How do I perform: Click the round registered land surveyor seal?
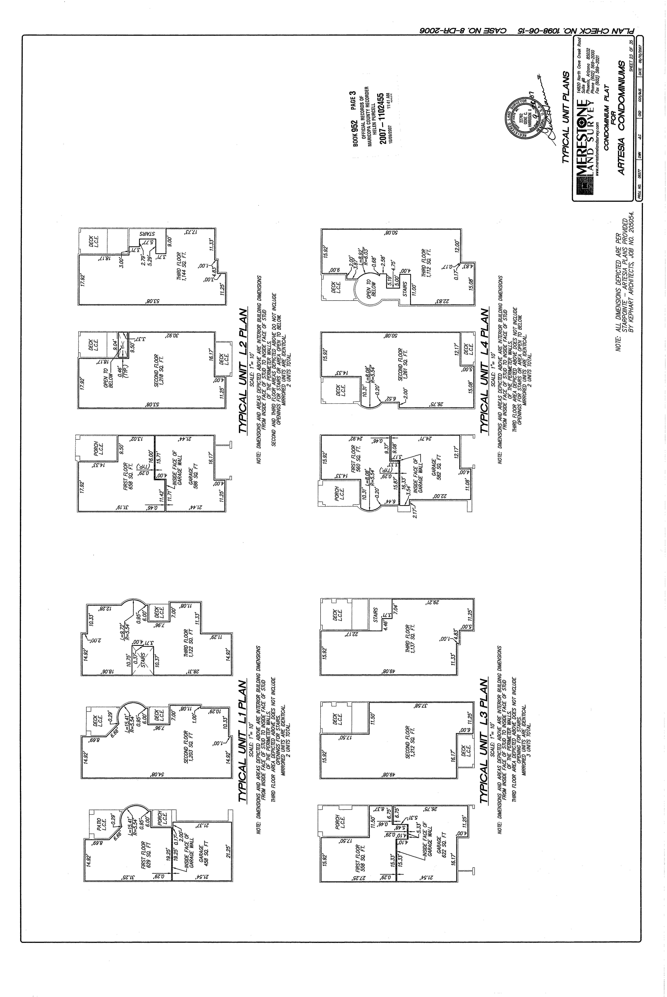(x=528, y=117)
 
